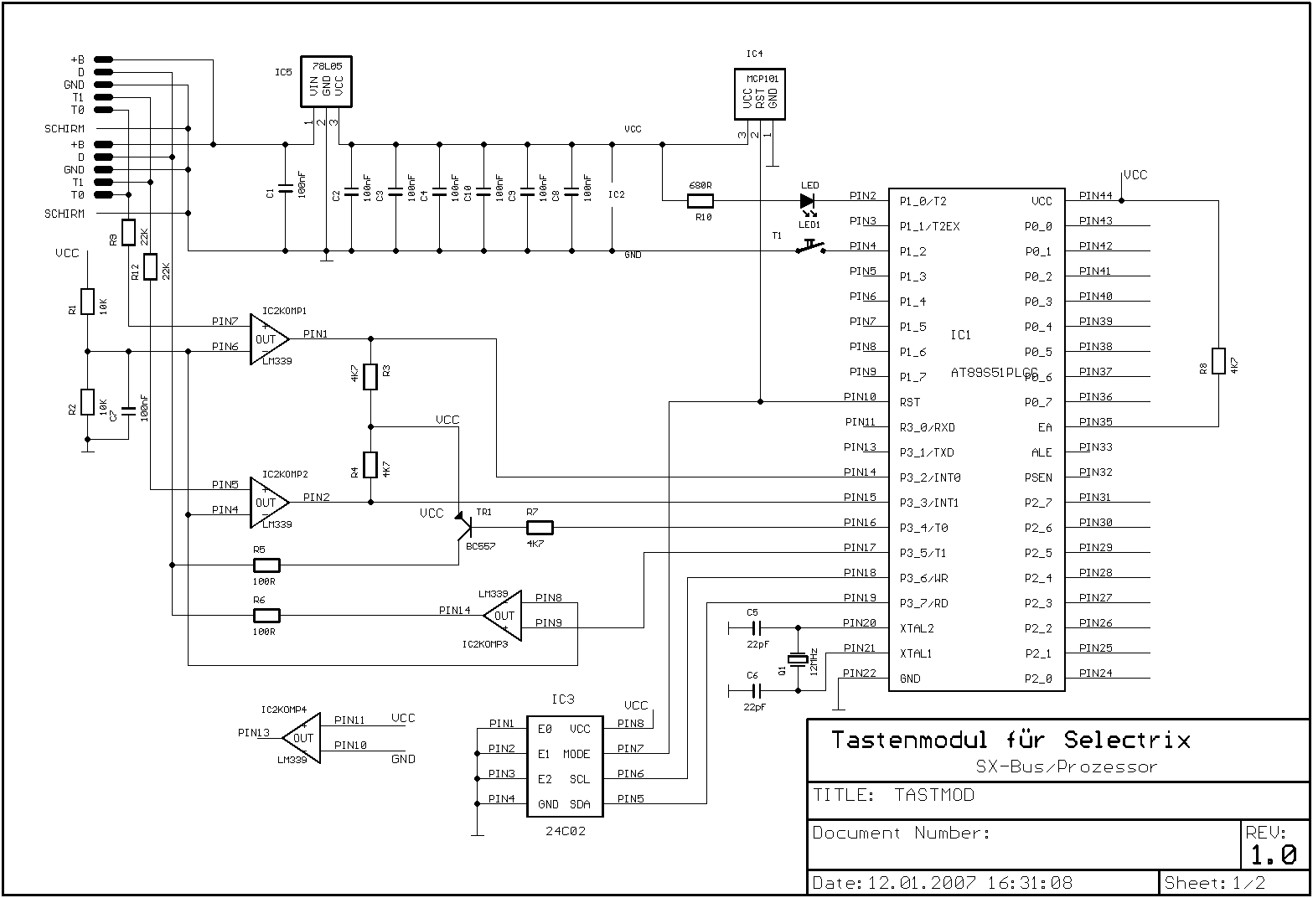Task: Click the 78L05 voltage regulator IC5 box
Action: (326, 82)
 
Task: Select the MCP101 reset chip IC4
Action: (759, 94)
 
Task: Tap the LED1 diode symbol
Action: (808, 201)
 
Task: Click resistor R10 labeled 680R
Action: (700, 201)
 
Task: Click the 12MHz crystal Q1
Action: (799, 660)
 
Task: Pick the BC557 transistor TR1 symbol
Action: (464, 526)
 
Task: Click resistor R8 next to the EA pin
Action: (1218, 361)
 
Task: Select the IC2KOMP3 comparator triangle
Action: (503, 616)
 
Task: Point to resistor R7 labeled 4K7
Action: (540, 528)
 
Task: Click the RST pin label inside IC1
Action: (910, 402)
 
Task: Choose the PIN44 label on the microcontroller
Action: (1095, 196)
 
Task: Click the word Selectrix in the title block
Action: (1127, 741)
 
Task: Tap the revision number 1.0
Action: (1274, 854)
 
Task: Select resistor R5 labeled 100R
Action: (266, 565)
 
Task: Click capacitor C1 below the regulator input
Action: (285, 188)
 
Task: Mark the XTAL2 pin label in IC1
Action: (916, 628)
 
